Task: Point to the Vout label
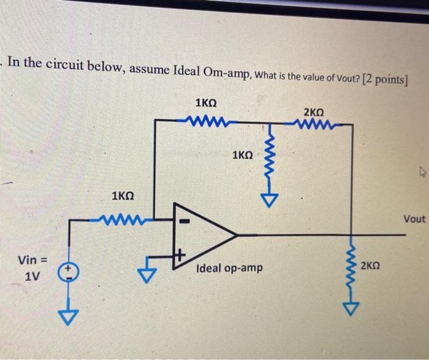[x=414, y=219]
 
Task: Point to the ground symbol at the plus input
[x=146, y=275]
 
